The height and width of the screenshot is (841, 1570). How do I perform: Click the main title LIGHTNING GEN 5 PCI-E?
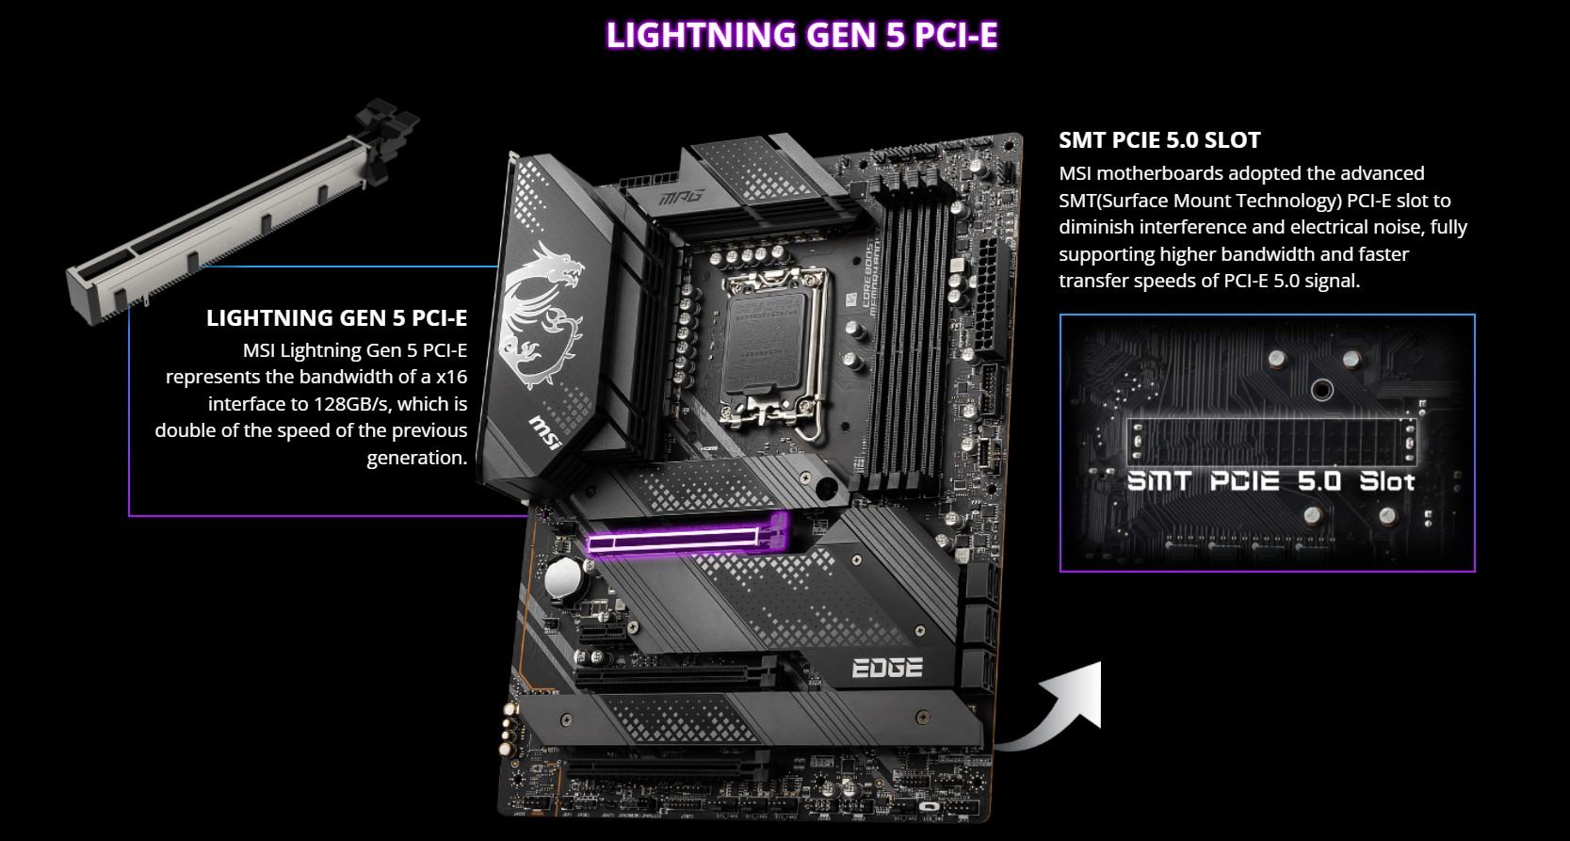tap(801, 35)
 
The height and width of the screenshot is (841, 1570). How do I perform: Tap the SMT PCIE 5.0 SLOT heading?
tap(1159, 140)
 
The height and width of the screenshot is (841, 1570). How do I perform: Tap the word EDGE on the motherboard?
tap(886, 667)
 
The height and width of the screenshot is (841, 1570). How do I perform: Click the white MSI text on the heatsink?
tap(548, 434)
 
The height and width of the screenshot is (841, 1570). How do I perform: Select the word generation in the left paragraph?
tap(416, 458)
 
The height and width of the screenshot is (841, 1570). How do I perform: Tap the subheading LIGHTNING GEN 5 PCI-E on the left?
tap(336, 318)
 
